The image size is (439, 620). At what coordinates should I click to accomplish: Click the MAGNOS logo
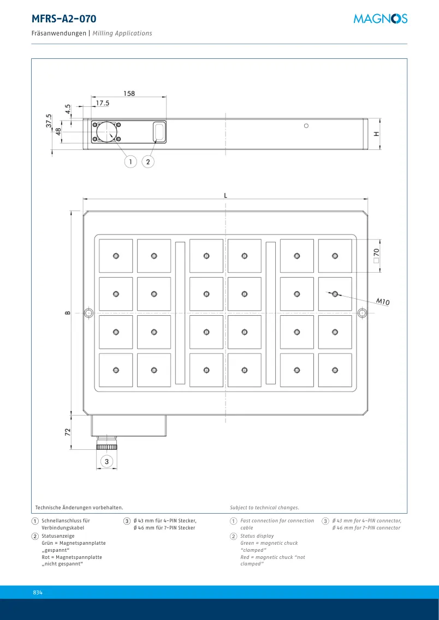[381, 19]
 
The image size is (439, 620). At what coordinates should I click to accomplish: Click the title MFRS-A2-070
[64, 19]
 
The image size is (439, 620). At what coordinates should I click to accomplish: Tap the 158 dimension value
[129, 94]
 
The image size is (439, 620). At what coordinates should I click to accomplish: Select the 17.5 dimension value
[102, 103]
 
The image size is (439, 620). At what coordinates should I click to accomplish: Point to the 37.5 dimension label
[49, 121]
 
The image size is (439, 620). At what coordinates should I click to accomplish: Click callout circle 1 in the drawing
[130, 161]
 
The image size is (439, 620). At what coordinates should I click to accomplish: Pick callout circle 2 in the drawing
[148, 161]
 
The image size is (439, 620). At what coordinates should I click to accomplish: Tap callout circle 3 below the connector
[106, 461]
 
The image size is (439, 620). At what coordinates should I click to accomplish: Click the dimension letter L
[226, 195]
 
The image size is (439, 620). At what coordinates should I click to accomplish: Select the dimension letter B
[68, 313]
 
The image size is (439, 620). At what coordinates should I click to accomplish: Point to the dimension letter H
[376, 134]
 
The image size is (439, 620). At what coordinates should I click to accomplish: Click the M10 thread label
[382, 302]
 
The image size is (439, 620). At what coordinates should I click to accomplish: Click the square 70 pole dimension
[376, 256]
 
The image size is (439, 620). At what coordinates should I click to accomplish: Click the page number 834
[38, 593]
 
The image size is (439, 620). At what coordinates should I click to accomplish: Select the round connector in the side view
[106, 131]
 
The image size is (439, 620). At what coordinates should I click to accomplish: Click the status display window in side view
[159, 131]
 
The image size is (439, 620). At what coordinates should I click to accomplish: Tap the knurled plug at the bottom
[106, 447]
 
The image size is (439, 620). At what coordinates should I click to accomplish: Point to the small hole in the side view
[306, 126]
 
